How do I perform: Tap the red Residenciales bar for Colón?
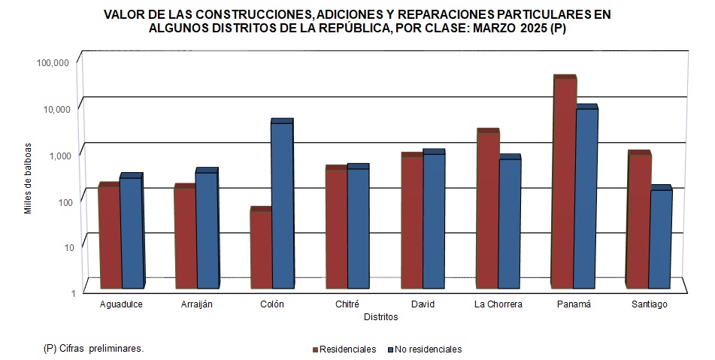tap(260, 250)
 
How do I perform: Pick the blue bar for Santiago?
tap(660, 239)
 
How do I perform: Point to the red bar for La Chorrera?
tap(487, 210)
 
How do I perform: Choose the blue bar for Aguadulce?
tap(130, 233)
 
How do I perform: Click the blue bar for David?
tap(433, 221)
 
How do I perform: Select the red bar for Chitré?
tap(336, 228)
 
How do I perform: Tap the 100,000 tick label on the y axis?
tap(53, 62)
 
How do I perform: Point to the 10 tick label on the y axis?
tap(64, 247)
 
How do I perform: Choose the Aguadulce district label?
tap(121, 304)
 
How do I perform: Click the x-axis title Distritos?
tap(380, 317)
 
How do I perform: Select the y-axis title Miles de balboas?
tap(28, 177)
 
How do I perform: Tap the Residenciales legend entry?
tap(344, 349)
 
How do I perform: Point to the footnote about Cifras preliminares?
tap(93, 349)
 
